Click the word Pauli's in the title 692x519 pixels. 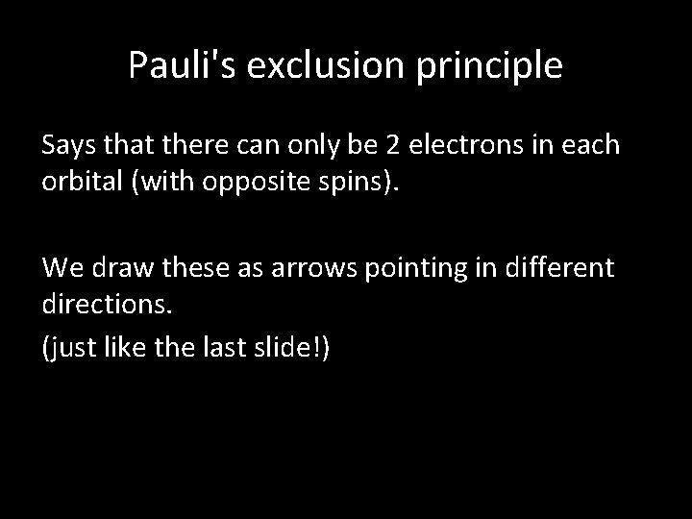(x=178, y=66)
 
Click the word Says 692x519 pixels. (x=69, y=146)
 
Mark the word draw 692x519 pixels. (x=120, y=265)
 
